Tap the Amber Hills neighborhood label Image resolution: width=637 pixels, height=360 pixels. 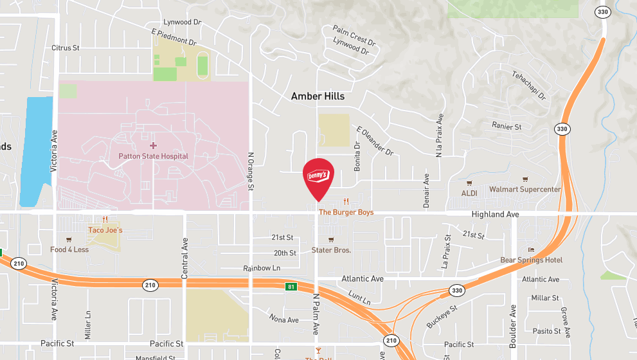click(318, 96)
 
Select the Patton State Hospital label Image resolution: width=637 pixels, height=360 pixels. click(153, 156)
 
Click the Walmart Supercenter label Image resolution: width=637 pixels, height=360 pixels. click(525, 190)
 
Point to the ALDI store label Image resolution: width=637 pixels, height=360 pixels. click(469, 193)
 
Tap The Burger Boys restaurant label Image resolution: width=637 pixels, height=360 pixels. click(346, 212)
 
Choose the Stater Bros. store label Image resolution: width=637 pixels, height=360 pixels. click(331, 250)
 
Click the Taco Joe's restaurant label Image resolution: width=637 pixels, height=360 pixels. click(105, 230)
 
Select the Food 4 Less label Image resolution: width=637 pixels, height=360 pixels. click(69, 249)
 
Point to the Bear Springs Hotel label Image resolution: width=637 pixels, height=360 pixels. click(531, 260)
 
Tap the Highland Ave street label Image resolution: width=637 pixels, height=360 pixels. click(495, 214)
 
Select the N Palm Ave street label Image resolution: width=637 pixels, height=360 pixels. click(316, 314)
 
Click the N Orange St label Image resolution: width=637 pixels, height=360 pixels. click(251, 172)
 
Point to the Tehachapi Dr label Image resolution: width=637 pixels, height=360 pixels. click(528, 85)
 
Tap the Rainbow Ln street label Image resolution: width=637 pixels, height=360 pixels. click(262, 267)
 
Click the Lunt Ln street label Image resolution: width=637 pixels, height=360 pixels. click(359, 297)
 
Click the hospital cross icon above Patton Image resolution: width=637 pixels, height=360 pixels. click(153, 146)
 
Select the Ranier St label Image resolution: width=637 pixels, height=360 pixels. click(507, 126)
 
